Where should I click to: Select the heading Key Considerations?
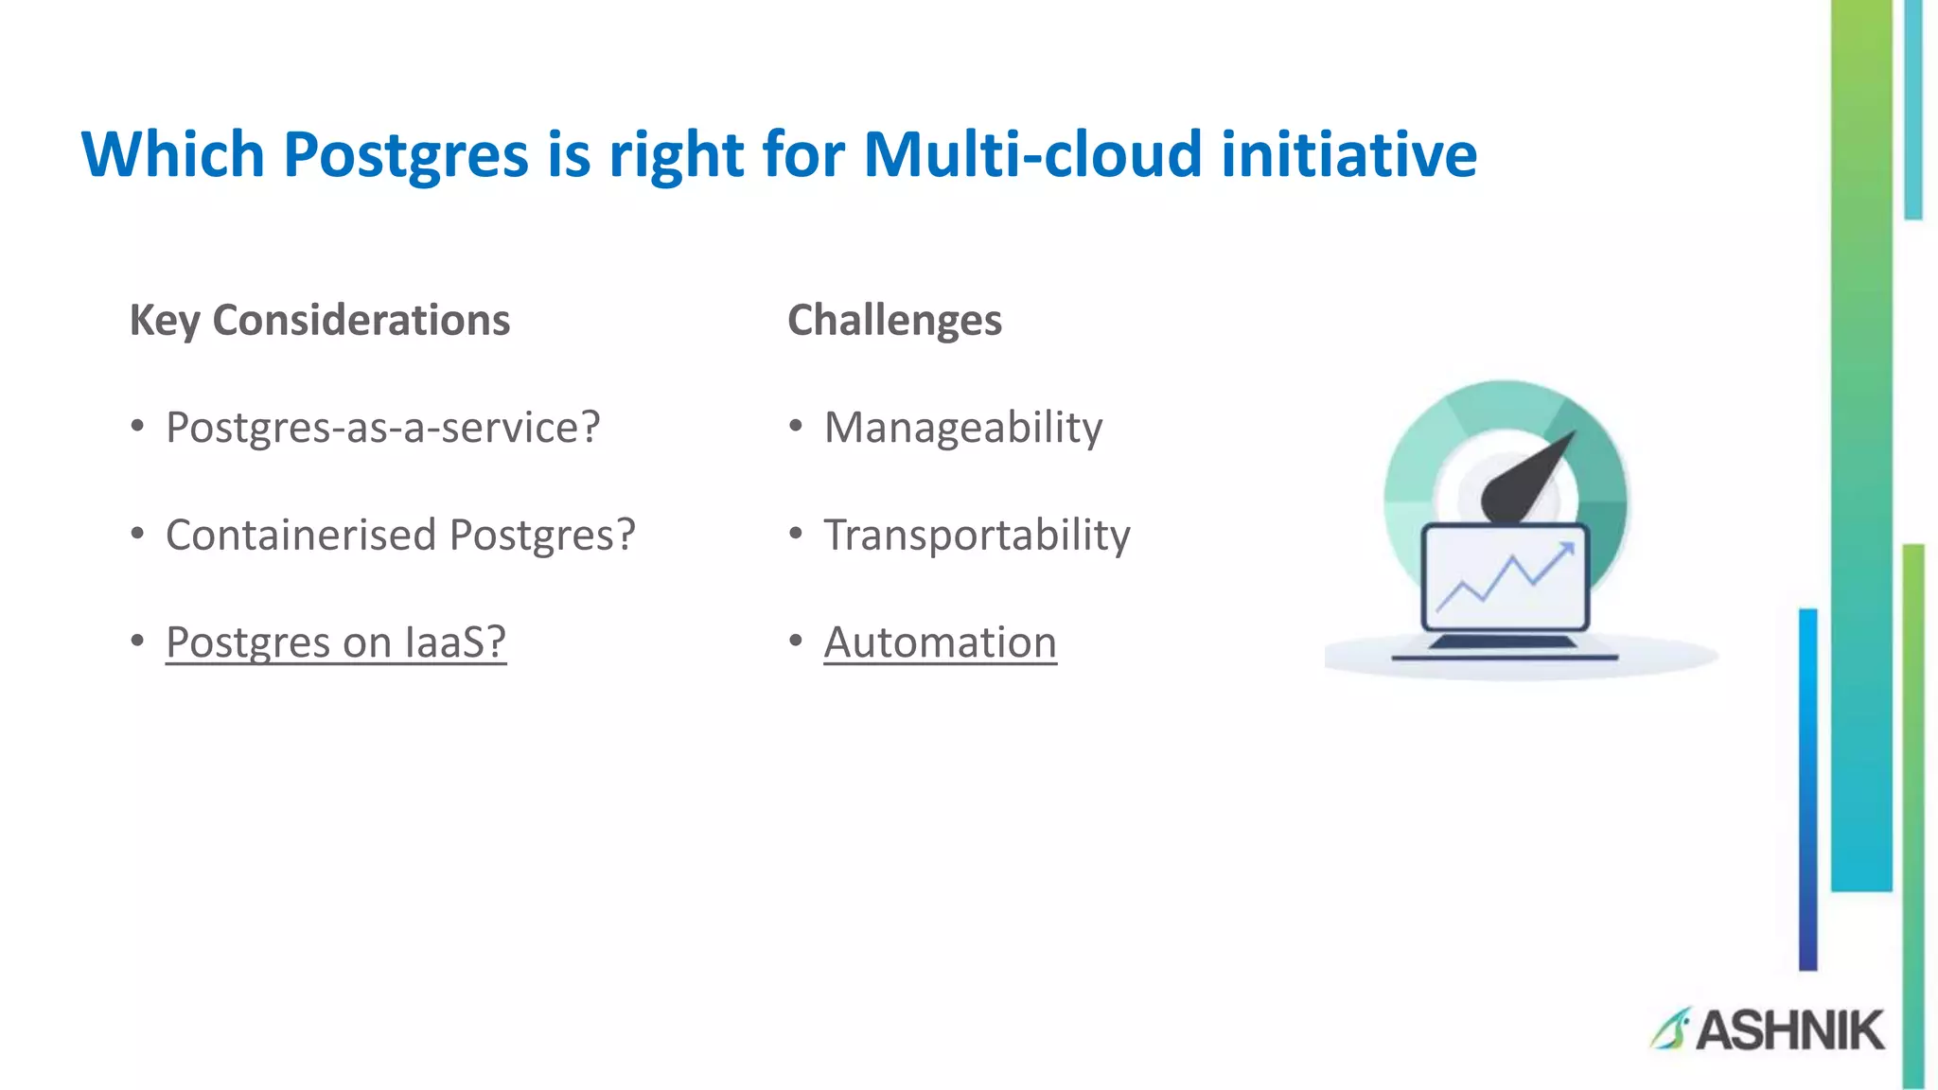tap(320, 320)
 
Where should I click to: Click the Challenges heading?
tap(894, 320)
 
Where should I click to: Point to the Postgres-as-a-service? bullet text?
tap(382, 427)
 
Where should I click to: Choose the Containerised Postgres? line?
tap(400, 535)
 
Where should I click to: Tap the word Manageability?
tap(962, 427)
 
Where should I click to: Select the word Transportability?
tap(977, 535)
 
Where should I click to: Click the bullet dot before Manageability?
tap(796, 427)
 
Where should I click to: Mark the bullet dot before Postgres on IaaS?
tap(138, 642)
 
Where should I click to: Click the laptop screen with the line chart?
tap(1505, 577)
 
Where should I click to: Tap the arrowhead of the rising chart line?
tap(1565, 549)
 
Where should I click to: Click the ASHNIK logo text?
tap(1788, 1030)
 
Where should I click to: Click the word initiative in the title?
tap(1348, 154)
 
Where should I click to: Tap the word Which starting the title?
tap(172, 154)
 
